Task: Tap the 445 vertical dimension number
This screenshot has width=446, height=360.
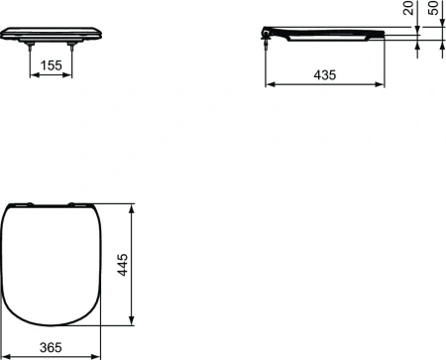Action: (x=122, y=265)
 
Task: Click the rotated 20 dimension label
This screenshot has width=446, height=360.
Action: (x=407, y=12)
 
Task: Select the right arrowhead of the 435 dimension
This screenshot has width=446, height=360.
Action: (x=383, y=85)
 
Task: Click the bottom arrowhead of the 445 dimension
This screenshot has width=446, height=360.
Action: (x=133, y=323)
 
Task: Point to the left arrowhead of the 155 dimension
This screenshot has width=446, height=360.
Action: (x=29, y=77)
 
